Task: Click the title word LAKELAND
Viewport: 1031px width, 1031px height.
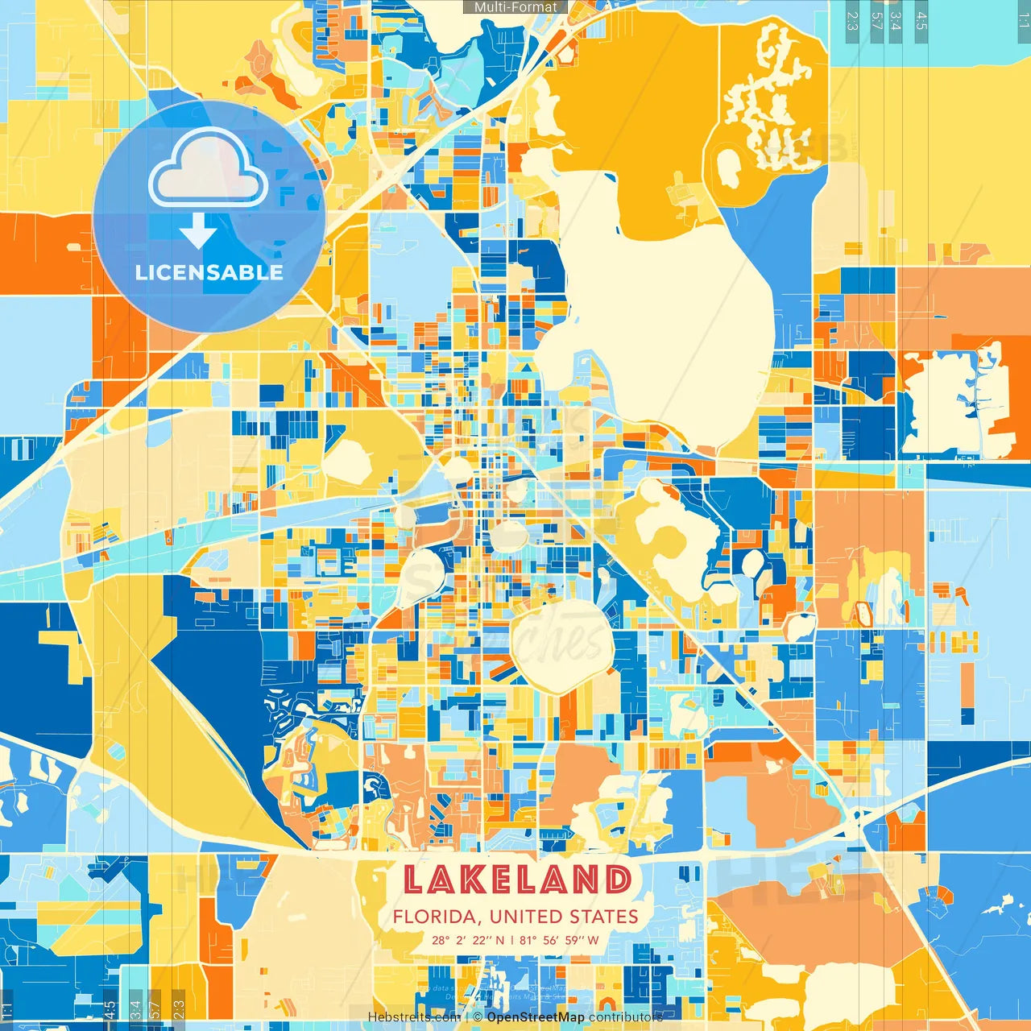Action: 516,880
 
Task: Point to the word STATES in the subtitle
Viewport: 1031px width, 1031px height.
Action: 604,917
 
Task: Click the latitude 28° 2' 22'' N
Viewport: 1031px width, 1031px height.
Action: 468,940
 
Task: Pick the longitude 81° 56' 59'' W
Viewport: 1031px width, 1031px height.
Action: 559,940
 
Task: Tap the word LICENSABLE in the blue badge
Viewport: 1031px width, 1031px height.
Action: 209,272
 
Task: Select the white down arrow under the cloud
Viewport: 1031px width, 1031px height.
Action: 197,234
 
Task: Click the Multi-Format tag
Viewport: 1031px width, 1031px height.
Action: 515,7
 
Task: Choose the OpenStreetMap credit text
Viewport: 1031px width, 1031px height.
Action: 536,1017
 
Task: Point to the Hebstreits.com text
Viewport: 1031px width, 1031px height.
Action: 414,1017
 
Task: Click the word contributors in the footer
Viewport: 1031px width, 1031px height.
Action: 625,1017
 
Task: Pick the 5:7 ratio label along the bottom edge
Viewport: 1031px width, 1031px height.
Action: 155,1008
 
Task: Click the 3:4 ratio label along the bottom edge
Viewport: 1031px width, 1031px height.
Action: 135,1008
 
